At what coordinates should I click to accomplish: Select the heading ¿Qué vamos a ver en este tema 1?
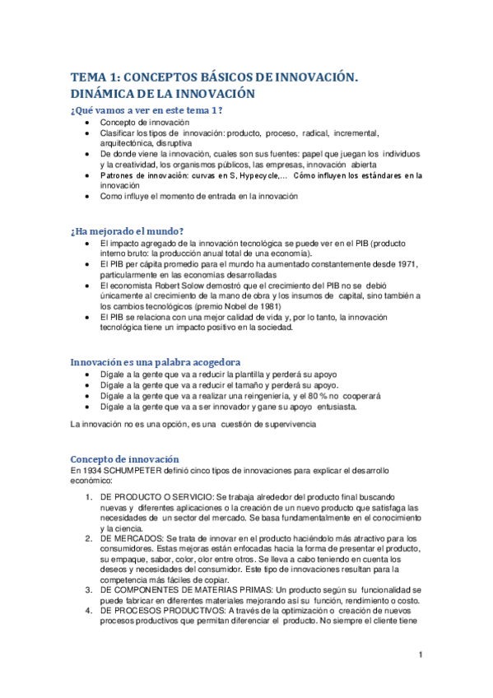147,109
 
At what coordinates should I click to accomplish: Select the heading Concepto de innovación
123,458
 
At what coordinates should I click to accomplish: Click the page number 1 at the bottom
420,654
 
